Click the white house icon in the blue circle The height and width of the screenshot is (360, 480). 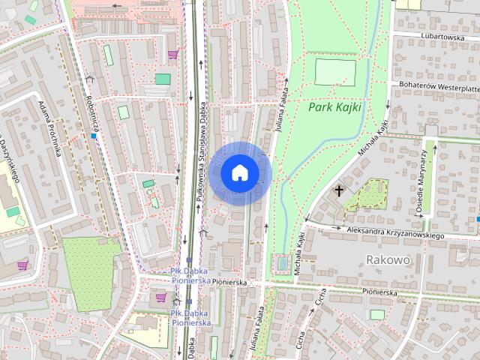click(240, 173)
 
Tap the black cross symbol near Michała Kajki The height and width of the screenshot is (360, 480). click(339, 190)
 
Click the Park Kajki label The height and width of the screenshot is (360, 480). click(334, 107)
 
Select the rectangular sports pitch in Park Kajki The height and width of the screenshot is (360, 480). click(336, 72)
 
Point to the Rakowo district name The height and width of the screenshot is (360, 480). click(388, 259)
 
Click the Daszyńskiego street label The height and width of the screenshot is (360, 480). click(9, 160)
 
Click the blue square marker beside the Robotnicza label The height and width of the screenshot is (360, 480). click(94, 136)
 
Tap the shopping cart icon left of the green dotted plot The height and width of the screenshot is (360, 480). click(22, 265)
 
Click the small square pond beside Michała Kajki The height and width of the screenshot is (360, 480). click(281, 262)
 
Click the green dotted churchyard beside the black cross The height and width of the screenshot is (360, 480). click(364, 194)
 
